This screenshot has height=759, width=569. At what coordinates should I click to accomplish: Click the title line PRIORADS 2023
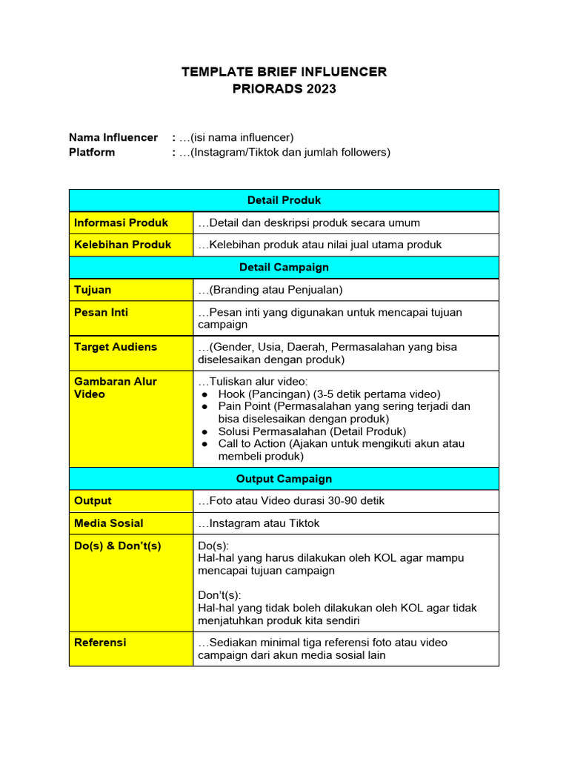tap(284, 89)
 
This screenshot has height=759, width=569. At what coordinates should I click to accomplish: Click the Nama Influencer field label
tap(113, 137)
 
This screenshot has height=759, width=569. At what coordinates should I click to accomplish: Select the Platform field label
tap(92, 152)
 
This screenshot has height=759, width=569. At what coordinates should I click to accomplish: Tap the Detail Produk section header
tap(284, 200)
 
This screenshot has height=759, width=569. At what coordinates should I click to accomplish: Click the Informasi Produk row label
tap(121, 222)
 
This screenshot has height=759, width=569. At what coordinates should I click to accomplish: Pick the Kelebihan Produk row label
tap(122, 245)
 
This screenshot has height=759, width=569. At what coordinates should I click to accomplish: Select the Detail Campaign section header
tap(284, 267)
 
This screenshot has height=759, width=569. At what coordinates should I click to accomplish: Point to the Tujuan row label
tap(93, 290)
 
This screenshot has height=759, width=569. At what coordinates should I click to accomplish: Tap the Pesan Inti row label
tap(101, 312)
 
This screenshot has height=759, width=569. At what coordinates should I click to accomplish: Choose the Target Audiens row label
tap(115, 347)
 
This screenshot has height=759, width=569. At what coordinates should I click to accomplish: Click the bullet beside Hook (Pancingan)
tap(205, 394)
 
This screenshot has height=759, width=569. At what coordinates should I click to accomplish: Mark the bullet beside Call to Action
tap(205, 444)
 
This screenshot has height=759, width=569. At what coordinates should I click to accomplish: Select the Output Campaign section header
tap(284, 479)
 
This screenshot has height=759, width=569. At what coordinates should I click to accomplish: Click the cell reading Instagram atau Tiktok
tap(259, 523)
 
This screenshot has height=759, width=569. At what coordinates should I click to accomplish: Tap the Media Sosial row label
tap(108, 523)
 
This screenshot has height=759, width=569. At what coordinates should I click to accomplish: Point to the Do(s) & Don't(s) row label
tap(117, 546)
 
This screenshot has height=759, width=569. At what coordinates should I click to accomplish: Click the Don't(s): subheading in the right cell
tap(219, 595)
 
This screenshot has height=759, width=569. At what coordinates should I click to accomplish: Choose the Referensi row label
tap(100, 642)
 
